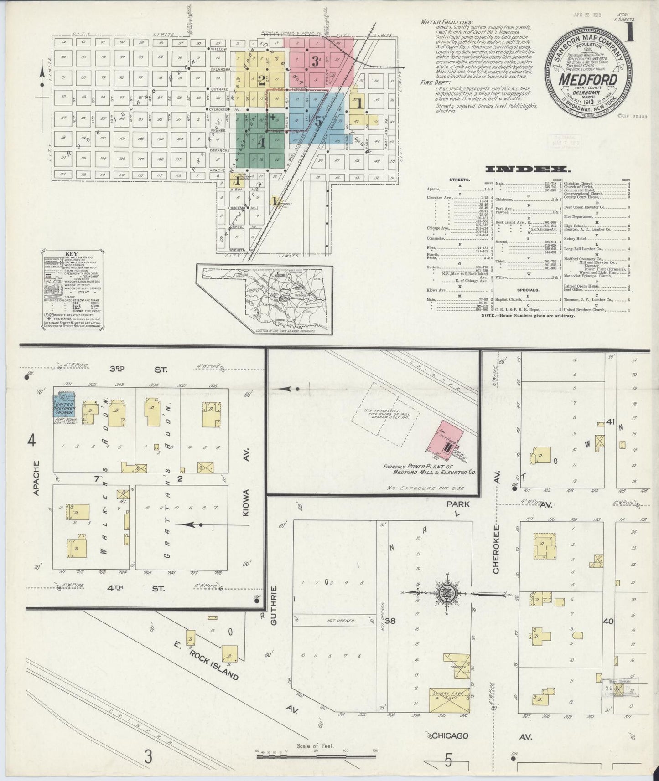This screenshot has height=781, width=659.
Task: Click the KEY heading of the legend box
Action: point(72,254)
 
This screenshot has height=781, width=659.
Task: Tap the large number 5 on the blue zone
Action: point(318,122)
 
